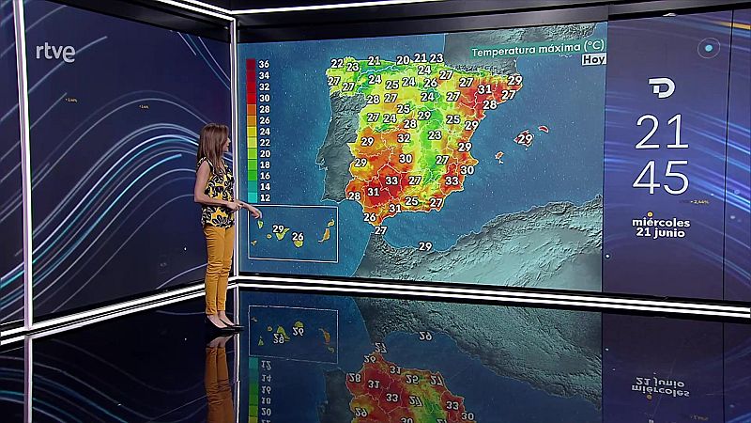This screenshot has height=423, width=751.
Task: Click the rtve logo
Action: pos(55,53)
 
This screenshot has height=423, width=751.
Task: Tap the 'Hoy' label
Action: pos(593,59)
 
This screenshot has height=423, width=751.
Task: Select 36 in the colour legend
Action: pos(264,65)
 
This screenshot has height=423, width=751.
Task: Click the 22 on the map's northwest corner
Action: pos(337,64)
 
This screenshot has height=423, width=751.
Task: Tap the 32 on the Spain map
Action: pos(404,137)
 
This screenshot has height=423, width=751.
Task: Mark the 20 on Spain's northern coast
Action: pos(402,60)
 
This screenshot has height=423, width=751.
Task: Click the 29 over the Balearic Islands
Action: pos(525,139)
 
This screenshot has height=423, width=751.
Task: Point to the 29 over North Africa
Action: pos(425,246)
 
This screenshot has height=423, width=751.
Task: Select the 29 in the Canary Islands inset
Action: pos(278,229)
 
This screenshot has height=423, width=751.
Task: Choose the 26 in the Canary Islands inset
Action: pos(299,237)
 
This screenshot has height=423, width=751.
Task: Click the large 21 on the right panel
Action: pos(662,133)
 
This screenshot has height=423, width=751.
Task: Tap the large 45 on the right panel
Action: pos(662,178)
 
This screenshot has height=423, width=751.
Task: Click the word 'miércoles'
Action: pos(662,222)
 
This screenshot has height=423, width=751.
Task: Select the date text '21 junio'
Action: pos(662,234)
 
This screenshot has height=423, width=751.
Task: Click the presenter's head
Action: pos(215,138)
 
